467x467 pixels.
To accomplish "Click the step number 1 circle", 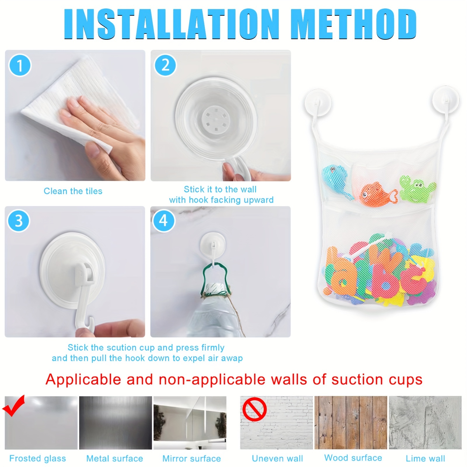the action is pos(20,65).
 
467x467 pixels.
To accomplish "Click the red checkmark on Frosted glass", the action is pos(13,406).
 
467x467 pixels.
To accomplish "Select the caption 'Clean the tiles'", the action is pos(73,191).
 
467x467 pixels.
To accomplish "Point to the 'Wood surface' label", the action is pos(353,458).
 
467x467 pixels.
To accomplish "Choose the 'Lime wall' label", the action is pos(425,458).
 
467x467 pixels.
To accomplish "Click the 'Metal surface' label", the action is pos(115,458).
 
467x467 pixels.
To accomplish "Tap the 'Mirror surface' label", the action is pos(191,458).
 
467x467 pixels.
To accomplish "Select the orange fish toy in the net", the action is pos(377,194).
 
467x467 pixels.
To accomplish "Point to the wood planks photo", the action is pos(351,422).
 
